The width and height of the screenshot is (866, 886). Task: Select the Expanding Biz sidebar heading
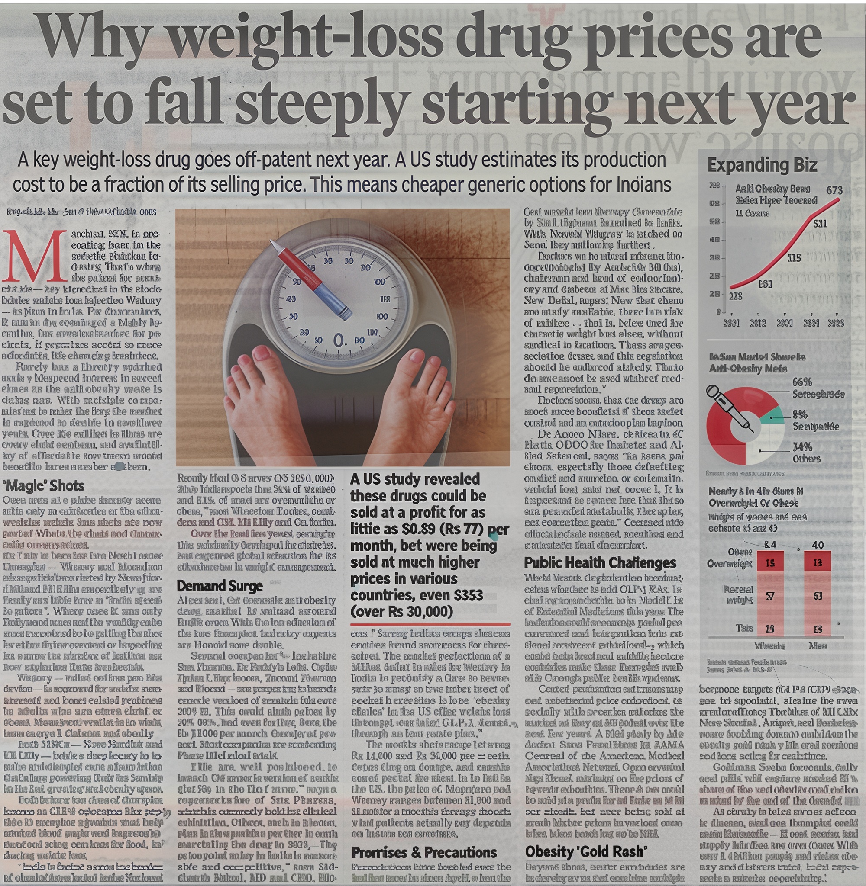point(762,165)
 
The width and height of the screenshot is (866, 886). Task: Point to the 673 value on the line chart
point(834,190)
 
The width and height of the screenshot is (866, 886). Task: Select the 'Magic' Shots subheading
point(44,486)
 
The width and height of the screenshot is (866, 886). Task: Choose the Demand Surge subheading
point(219,586)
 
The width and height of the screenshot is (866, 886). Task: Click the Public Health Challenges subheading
point(600,563)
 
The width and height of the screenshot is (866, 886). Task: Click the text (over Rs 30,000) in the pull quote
point(402,612)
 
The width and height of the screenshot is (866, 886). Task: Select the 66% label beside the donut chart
point(802,382)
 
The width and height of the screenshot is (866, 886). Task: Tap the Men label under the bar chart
point(818,645)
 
